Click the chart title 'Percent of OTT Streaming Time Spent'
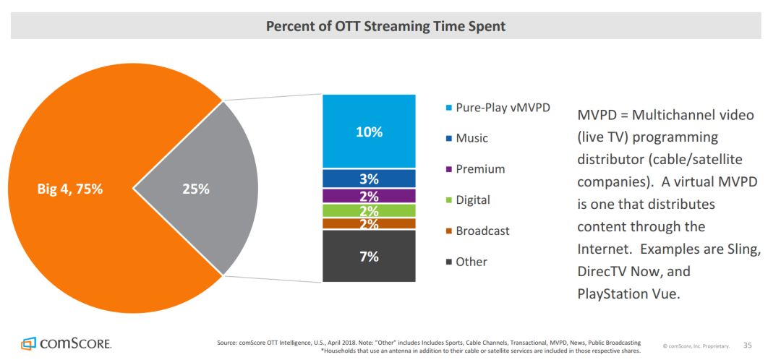point(385,27)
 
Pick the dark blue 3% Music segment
point(369,179)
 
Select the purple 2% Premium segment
point(369,196)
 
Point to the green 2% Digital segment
point(369,210)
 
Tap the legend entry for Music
point(471,138)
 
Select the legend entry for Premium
point(479,169)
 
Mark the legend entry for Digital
point(472,200)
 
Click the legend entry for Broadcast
point(482,231)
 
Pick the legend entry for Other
point(471,262)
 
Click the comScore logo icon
point(29,343)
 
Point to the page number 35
point(748,345)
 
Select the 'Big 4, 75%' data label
point(70,189)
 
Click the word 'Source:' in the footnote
point(229,342)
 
